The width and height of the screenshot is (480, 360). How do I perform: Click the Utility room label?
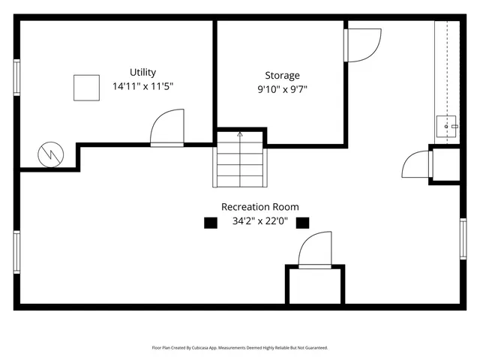point(142,72)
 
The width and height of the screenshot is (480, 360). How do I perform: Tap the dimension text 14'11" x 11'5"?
point(142,86)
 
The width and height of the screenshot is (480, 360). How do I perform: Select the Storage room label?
point(282,75)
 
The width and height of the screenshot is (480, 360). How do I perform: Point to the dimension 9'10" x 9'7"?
point(282,89)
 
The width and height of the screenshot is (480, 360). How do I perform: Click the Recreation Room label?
point(259,207)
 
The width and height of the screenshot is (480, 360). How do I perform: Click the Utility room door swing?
point(166,128)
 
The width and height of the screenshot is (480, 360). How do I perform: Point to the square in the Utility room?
point(86,88)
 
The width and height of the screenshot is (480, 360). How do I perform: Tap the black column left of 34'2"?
point(211,222)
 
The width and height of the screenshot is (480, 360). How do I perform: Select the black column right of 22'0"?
point(303,222)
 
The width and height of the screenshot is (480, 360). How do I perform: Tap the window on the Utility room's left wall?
point(16,77)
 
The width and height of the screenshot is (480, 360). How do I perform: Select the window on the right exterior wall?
point(463,238)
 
